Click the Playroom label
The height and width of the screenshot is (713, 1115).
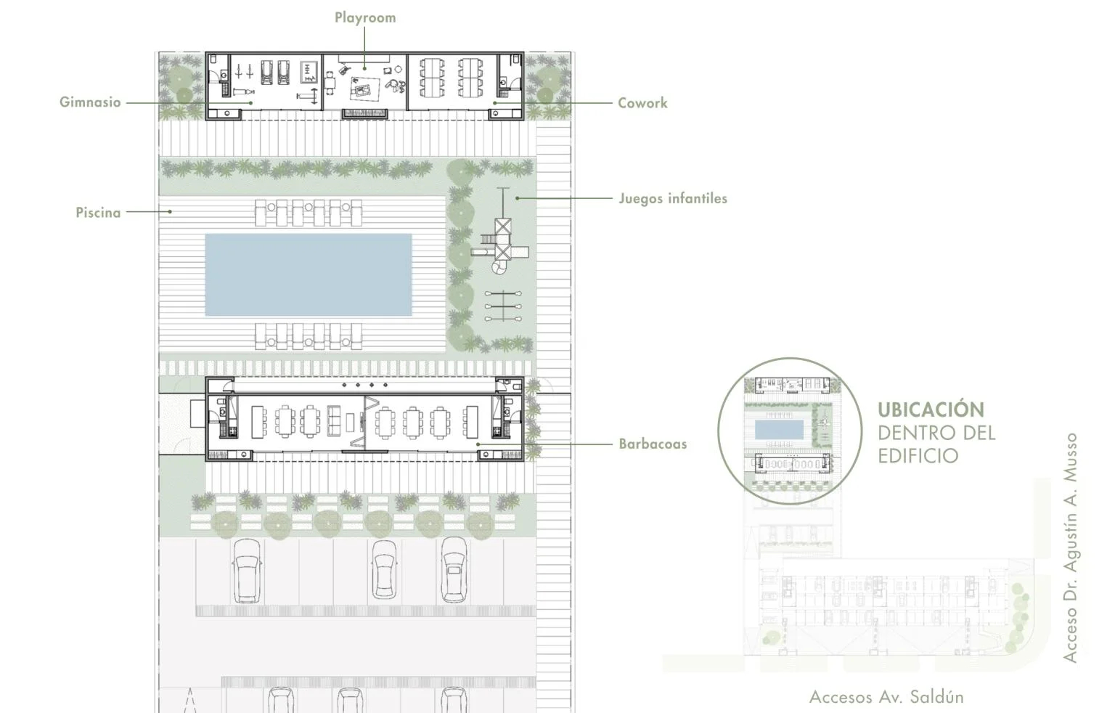point(365,18)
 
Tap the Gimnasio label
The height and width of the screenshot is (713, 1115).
point(90,102)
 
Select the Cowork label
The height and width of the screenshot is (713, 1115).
point(642,103)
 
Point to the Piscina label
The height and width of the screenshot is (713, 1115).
point(98,213)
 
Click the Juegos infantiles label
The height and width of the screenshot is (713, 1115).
point(673,198)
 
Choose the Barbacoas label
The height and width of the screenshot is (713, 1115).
point(653,444)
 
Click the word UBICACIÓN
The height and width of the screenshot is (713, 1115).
point(931,410)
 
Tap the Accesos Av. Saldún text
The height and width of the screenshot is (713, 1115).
point(886,696)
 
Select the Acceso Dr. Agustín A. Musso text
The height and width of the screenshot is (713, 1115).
point(1070,547)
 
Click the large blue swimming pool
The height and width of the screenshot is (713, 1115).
point(309,275)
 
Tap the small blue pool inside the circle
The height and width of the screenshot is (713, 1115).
point(779,430)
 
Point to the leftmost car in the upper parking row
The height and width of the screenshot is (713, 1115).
point(248,571)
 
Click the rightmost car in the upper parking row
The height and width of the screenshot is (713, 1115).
point(454,570)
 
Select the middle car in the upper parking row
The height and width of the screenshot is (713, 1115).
point(385,570)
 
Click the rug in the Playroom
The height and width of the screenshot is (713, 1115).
point(365,89)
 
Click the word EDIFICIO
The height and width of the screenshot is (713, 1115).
point(918,456)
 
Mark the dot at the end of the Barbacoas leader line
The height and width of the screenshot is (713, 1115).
point(478,444)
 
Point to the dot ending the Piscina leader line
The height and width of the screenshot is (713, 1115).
point(171,211)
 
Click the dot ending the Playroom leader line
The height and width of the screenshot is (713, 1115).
point(365,69)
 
